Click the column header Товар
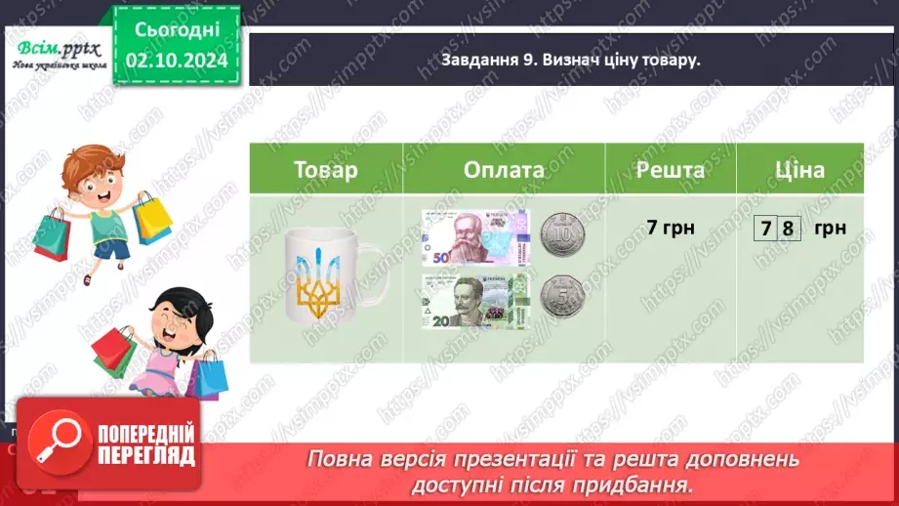pyautogui.click(x=326, y=170)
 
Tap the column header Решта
pyautogui.click(x=671, y=170)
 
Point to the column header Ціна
pyautogui.click(x=800, y=170)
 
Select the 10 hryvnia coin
pyautogui.click(x=560, y=234)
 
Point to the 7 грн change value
pyautogui.click(x=671, y=229)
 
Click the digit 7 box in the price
pyautogui.click(x=768, y=231)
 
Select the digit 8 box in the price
pyautogui.click(x=789, y=231)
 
